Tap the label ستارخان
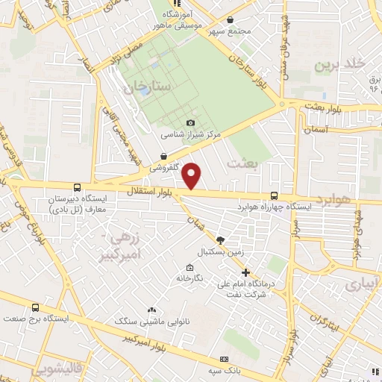pos(149,87)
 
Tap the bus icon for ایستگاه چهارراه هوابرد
pos(274,195)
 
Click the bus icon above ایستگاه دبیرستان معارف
pos(77,188)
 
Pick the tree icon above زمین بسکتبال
pos(219,239)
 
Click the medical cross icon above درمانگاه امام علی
pos(245,272)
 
